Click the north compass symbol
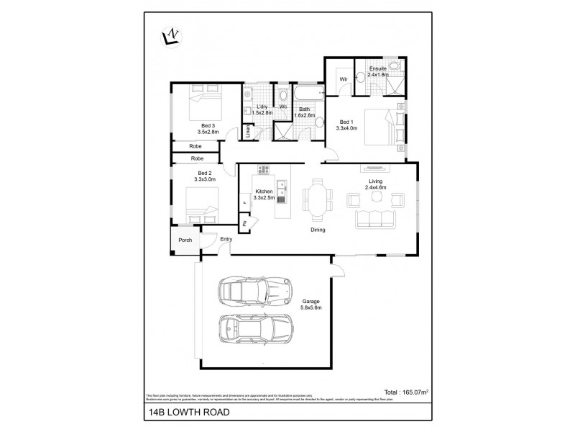pos(171,35)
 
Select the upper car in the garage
pos(255,292)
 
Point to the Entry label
pos(226,239)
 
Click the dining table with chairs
pos(317,198)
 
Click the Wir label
pos(344,78)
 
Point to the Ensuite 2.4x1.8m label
pos(377,71)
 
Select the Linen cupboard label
pos(248,130)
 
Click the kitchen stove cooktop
pos(264,171)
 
